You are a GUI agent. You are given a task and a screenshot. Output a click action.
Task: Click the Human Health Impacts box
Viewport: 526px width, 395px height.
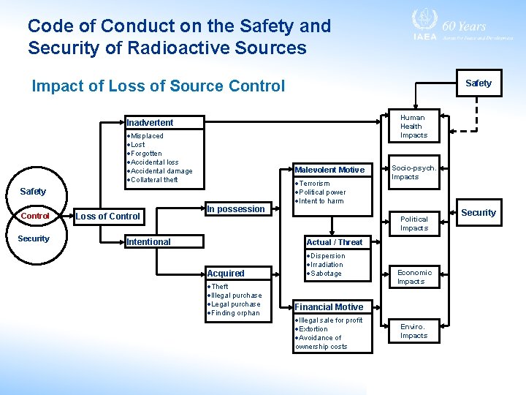413,127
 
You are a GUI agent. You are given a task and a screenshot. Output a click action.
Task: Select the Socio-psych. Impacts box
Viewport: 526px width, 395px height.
413,172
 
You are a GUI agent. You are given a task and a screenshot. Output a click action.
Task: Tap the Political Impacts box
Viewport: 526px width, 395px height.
413,223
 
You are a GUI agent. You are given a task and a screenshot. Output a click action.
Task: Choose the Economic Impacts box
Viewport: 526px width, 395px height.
414,276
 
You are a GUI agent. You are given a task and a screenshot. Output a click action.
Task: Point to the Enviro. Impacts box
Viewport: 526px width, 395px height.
413,331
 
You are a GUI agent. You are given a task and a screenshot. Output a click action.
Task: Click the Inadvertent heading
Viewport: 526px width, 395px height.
150,122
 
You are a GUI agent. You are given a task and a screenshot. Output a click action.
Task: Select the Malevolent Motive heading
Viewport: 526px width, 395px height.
329,170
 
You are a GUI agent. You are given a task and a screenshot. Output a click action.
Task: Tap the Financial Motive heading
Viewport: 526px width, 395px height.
329,307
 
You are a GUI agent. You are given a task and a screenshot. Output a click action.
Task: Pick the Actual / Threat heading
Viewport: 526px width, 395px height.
334,242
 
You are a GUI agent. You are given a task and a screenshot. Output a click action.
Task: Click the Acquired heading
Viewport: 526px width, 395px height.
226,274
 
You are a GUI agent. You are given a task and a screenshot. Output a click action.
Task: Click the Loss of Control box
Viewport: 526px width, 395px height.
108,216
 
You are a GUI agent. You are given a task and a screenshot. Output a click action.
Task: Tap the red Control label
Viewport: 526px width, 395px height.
34,216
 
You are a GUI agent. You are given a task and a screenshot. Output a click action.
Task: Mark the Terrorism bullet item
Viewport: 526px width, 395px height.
314,184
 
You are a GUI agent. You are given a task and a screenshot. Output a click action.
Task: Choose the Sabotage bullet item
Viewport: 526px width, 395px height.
326,274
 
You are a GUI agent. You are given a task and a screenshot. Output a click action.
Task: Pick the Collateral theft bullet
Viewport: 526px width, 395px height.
154,180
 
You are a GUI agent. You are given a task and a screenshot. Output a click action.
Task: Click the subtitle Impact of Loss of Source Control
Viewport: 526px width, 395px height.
159,86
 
